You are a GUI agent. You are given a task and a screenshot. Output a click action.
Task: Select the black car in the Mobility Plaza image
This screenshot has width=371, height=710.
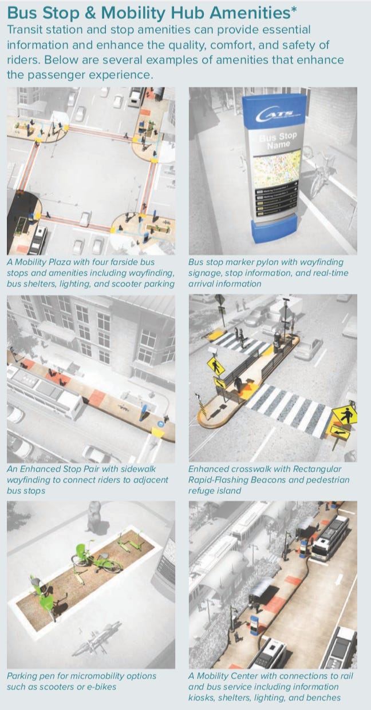click(x=38, y=240)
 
